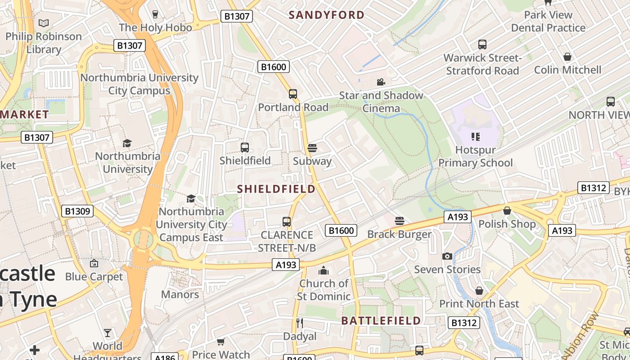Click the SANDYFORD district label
coord(326,15)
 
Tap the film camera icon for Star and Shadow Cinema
coord(381,82)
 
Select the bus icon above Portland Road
coord(293,94)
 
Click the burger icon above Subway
coord(312,148)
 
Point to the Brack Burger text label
coord(399,234)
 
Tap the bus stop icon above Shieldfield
coord(245,147)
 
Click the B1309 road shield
coord(77,211)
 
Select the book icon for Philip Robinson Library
coord(44,23)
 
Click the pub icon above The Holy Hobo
coord(155,14)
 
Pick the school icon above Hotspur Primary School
coord(475,136)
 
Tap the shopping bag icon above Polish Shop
coord(507,211)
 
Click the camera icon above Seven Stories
coord(447,256)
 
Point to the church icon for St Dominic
coord(323,270)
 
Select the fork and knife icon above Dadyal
coord(300,323)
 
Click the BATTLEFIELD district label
coord(381,320)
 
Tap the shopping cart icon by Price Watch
coord(220,342)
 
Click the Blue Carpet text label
coord(94,276)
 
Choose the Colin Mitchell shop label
coord(567,70)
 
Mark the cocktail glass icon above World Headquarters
coord(108,333)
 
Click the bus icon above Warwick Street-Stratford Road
coord(482,45)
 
